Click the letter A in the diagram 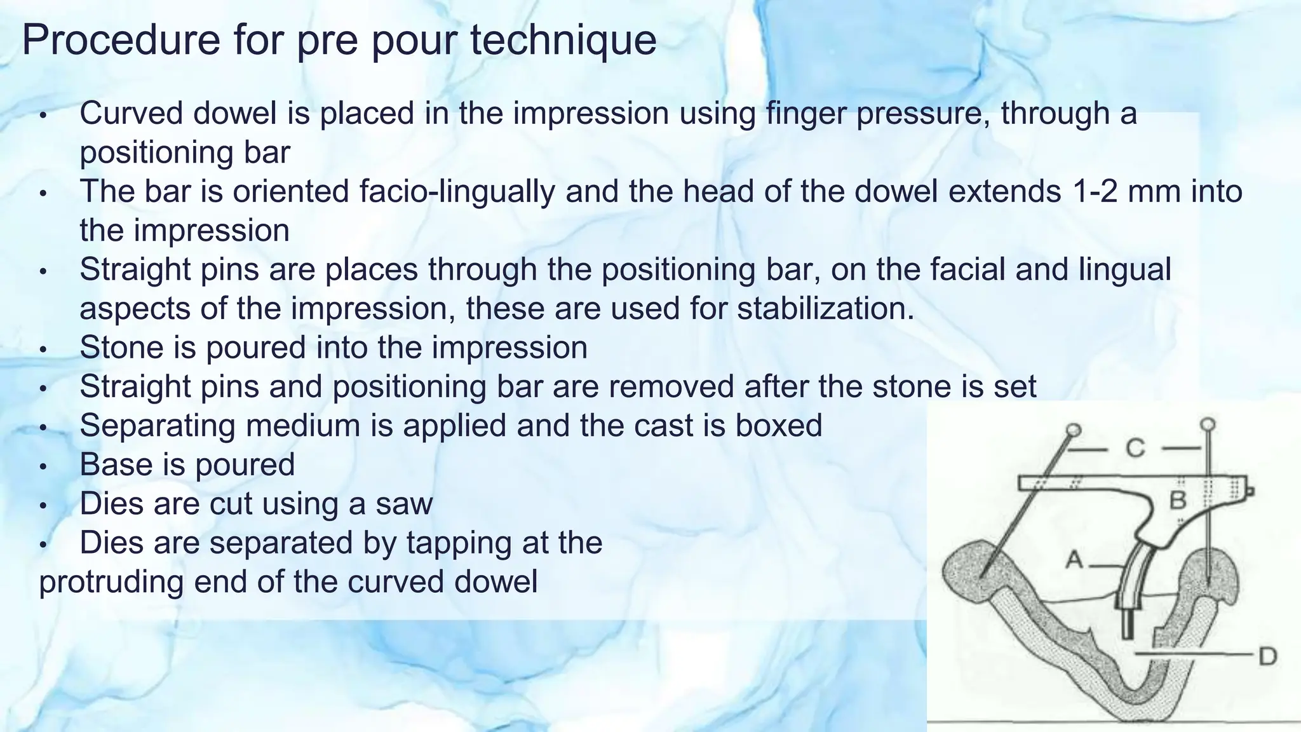tap(1074, 560)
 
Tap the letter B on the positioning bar tap(1178, 501)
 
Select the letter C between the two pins tap(1136, 449)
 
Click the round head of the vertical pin tap(1208, 424)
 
